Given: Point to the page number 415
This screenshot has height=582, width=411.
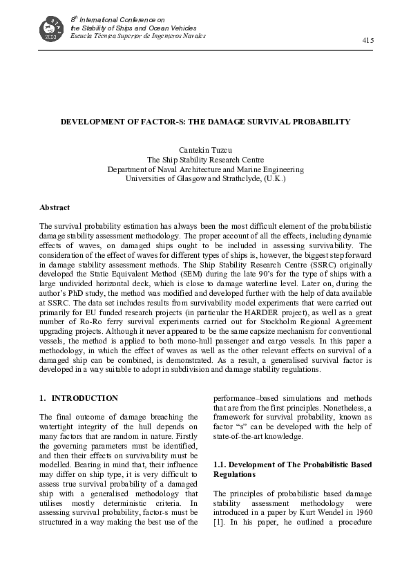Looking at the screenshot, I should [367, 41].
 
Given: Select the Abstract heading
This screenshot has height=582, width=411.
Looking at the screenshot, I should [55, 207].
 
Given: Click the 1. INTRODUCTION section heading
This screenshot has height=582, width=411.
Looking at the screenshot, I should [79, 399].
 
